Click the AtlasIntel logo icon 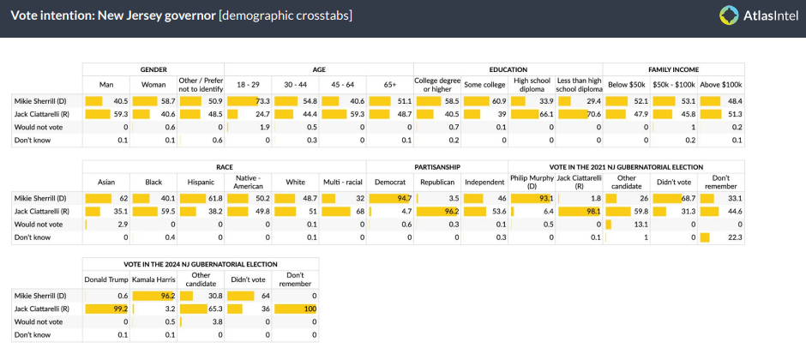coord(730,15)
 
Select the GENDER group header coord(153,69)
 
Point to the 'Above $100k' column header coord(722,84)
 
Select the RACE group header coord(225,166)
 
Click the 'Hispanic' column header coord(201,181)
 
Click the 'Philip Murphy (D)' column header coord(532,181)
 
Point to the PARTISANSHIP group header coord(437,166)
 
